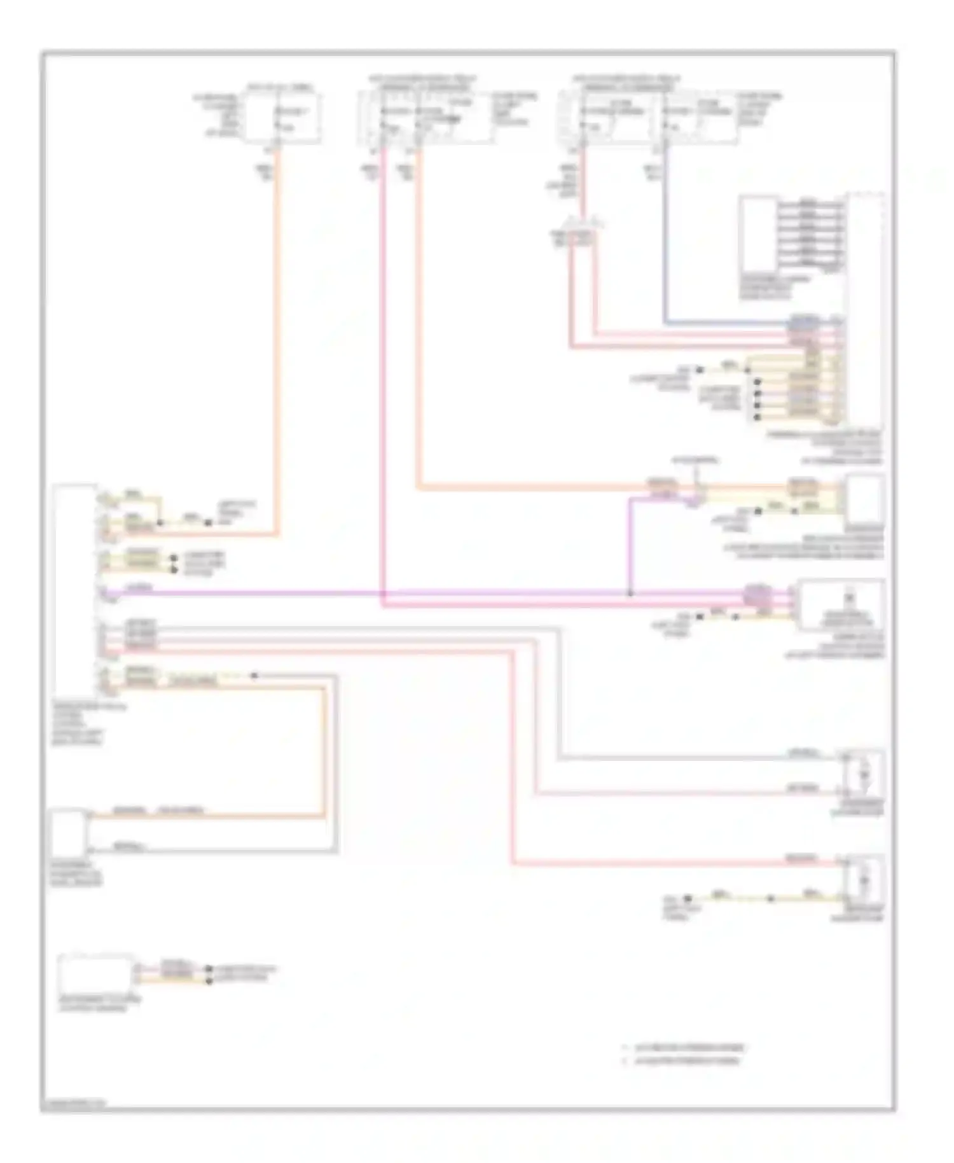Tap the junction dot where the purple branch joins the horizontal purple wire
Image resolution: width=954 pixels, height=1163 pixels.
pos(630,594)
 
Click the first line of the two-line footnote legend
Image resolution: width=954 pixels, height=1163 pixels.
pos(684,1047)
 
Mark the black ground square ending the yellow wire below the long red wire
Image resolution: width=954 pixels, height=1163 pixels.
pos(688,899)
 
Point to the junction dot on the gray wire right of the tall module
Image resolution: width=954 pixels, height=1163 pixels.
pos(254,675)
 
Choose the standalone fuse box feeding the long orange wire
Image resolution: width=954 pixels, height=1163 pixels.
pos(283,118)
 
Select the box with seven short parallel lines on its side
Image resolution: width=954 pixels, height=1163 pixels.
pos(758,233)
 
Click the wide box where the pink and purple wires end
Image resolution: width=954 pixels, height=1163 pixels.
pos(840,604)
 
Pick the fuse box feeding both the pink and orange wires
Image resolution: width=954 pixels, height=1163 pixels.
pos(425,116)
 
